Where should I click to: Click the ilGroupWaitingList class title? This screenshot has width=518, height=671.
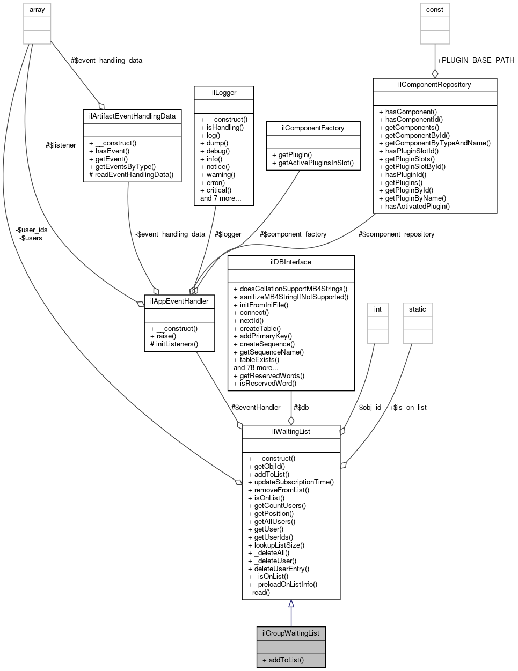pos(290,633)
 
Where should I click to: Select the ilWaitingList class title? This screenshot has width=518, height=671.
pos(290,431)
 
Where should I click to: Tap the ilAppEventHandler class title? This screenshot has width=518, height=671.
pos(179,301)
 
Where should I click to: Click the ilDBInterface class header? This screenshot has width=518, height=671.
pos(291,262)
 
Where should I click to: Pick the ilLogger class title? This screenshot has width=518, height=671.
pos(223,93)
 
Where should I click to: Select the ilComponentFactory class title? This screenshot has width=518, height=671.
pos(313,128)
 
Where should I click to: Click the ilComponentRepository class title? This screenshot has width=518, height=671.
pos(434,85)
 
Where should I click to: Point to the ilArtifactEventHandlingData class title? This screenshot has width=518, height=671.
pos(132,116)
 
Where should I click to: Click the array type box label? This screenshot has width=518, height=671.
pos(37,10)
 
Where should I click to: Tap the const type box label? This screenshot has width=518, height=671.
pos(434,10)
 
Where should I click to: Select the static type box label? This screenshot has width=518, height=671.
pos(417,309)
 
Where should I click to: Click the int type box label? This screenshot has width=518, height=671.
pos(377,309)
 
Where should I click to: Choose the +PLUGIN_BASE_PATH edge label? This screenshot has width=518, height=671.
pos(476,60)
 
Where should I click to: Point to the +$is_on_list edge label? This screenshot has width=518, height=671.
pos(407,407)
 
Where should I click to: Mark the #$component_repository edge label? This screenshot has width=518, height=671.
pos(396,234)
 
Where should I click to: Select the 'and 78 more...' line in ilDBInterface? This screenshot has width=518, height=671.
pos(256,368)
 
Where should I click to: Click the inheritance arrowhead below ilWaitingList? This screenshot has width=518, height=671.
pos(291,604)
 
